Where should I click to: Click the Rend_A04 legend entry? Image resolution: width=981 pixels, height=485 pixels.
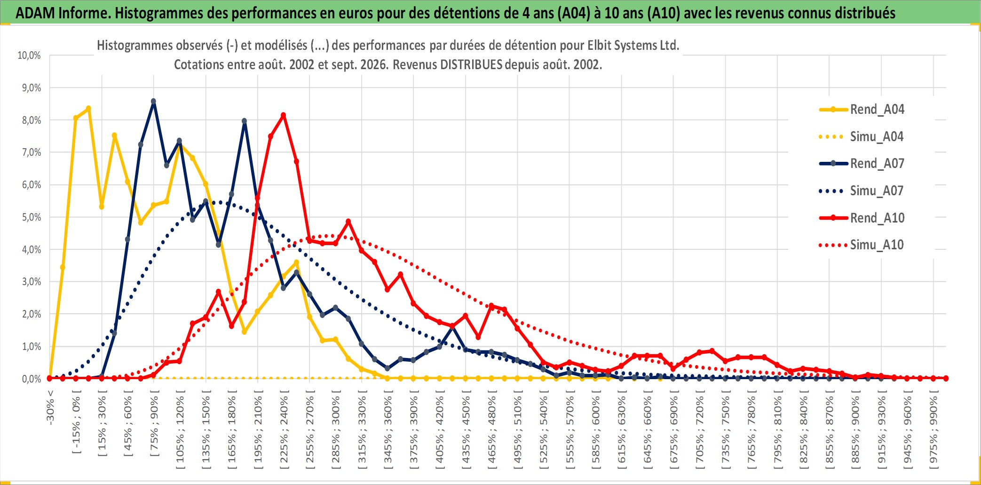862,110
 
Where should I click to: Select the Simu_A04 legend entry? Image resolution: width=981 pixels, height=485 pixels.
862,137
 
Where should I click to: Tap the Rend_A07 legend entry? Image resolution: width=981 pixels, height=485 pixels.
862,164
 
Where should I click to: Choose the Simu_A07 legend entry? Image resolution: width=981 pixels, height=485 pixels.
862,191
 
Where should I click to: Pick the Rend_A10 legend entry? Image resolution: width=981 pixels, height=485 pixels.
862,218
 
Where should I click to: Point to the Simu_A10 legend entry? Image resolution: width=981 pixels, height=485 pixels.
862,245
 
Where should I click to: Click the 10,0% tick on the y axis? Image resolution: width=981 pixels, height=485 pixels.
29,56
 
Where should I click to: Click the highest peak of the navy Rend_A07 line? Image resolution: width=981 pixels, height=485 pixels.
153,101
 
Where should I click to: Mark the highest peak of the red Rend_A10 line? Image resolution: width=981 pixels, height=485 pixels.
283,115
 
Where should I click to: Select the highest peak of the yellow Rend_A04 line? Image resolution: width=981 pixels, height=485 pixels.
88,109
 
